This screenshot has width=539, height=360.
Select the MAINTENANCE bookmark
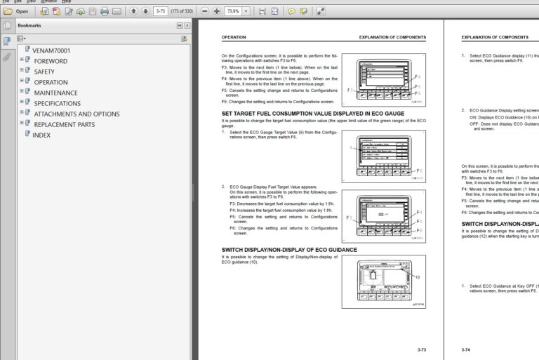(x=55, y=93)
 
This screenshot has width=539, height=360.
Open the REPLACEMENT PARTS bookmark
(x=64, y=124)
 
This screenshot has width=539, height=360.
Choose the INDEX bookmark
(x=41, y=135)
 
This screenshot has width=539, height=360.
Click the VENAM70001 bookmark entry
(x=51, y=51)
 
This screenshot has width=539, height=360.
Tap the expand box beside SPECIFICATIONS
(x=22, y=103)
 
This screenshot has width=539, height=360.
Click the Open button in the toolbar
(x=17, y=11)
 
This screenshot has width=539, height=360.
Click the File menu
(x=6, y=1)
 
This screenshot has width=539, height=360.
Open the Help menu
(x=67, y=1)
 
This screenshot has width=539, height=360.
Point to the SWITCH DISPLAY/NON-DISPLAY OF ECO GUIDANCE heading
(x=289, y=249)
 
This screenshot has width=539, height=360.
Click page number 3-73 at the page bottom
(x=421, y=349)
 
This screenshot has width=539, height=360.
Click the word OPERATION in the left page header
(x=234, y=37)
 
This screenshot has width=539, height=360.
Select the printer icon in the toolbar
(x=105, y=11)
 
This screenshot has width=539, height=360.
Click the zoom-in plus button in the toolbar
(x=217, y=11)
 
